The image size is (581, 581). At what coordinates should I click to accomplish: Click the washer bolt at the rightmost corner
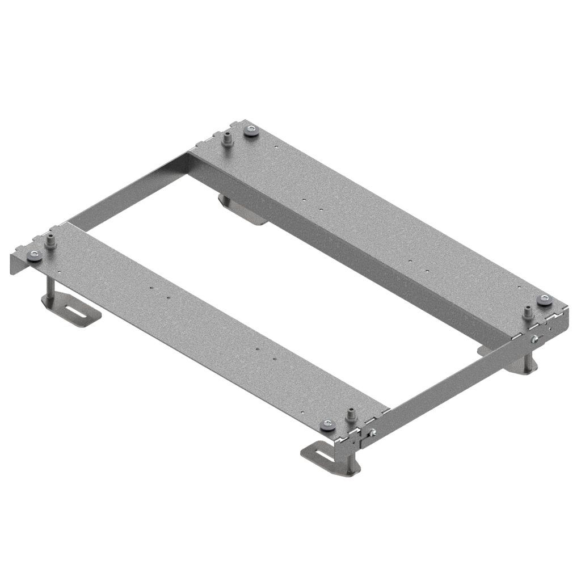tap(545, 300)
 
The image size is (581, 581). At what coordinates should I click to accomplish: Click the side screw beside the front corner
tap(372, 434)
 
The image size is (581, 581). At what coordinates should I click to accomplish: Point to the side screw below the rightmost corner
tap(535, 339)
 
